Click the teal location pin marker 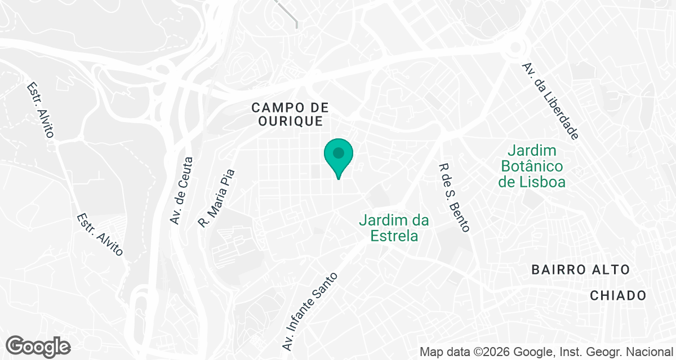click(338, 157)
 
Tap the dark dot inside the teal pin click(338, 152)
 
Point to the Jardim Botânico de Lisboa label click(532, 166)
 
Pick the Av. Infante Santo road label click(310, 310)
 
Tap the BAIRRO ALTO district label click(581, 270)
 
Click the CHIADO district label click(618, 296)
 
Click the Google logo click(38, 346)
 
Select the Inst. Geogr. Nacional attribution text click(614, 353)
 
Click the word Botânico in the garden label click(532, 166)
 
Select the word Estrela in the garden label click(394, 235)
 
